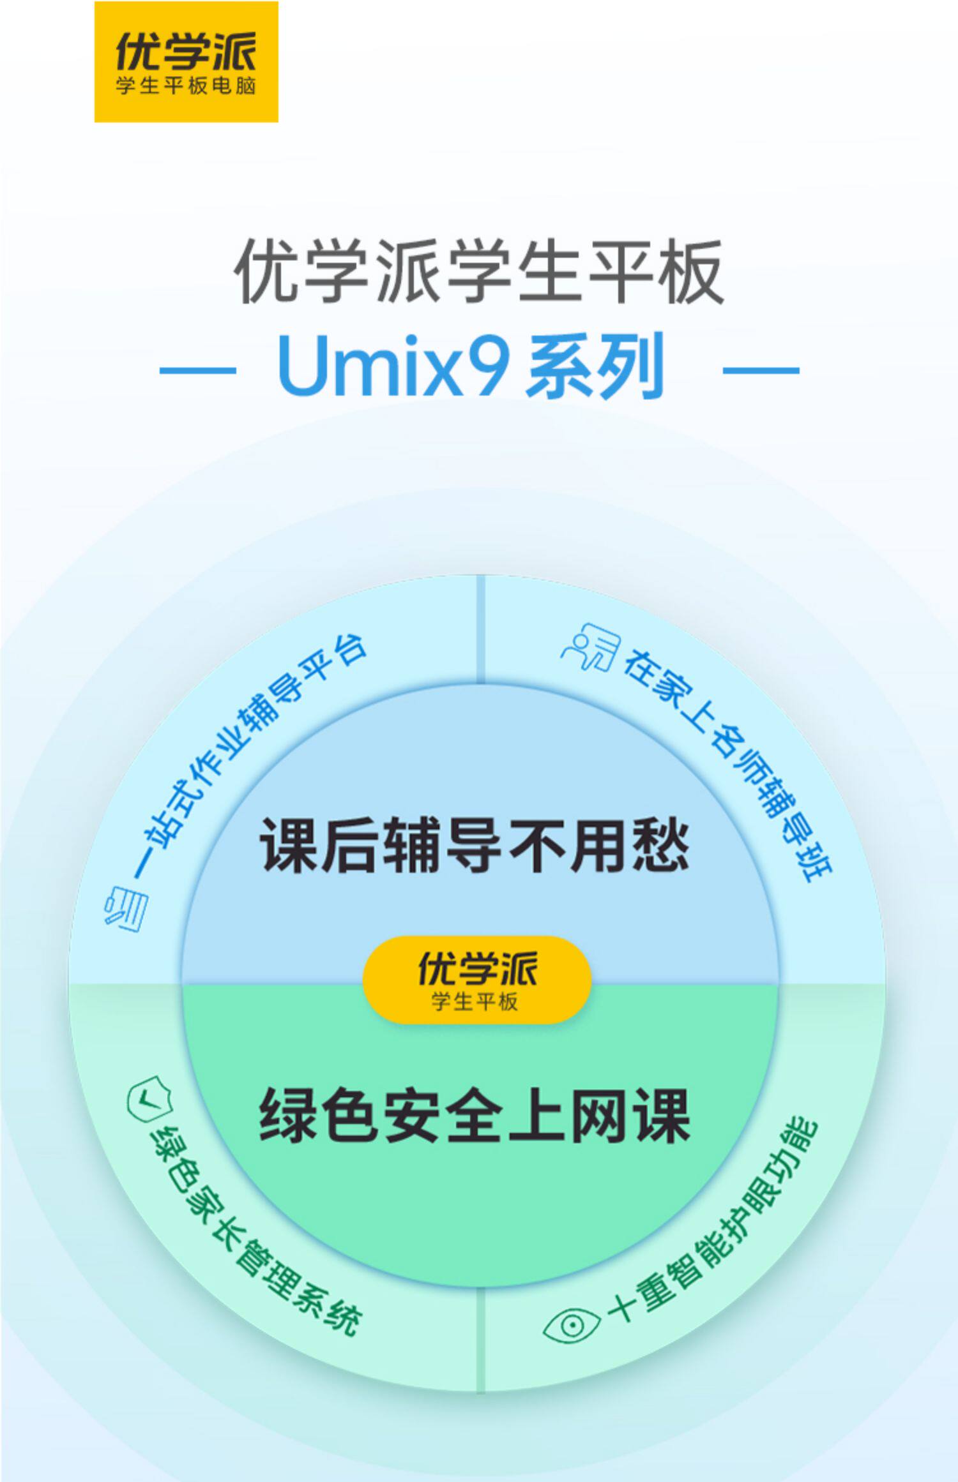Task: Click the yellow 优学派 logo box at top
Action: tap(186, 61)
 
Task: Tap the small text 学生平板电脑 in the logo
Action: tap(186, 86)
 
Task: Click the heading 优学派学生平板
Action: tap(479, 272)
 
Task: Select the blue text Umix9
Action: tap(394, 367)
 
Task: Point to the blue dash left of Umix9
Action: tap(197, 369)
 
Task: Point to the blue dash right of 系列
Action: tap(761, 369)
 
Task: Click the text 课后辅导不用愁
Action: tap(475, 846)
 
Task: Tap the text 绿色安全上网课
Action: tap(475, 1116)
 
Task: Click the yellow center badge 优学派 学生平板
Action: tap(476, 980)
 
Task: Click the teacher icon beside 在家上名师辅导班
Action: tap(591, 648)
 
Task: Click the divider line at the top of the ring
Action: tap(481, 629)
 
